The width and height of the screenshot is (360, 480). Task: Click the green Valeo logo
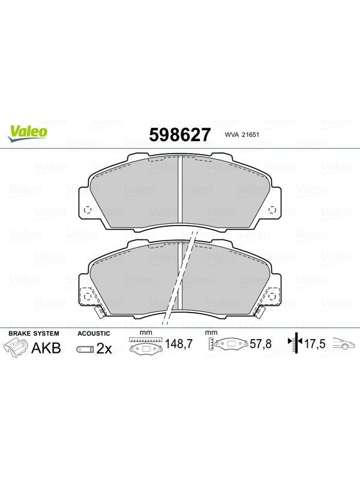[x=28, y=134]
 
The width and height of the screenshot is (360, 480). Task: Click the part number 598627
[x=180, y=134]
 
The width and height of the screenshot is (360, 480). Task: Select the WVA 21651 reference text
[x=242, y=134]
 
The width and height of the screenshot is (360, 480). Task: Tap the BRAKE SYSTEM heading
[x=34, y=334]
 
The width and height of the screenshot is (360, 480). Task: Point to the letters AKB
[x=46, y=348]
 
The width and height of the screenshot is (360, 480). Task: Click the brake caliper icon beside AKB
[x=16, y=348]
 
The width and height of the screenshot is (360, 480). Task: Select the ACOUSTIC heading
[x=94, y=334]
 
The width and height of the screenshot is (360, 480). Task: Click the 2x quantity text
[x=104, y=349]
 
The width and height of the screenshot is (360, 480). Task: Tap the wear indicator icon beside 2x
[x=85, y=349]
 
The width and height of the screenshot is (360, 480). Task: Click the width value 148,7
[x=179, y=344]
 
